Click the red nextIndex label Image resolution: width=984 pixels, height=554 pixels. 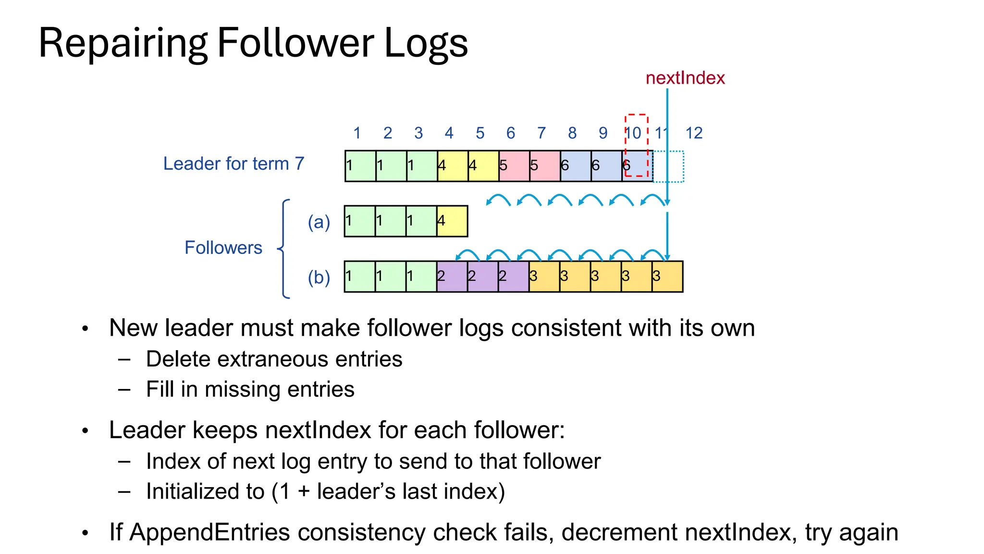pyautogui.click(x=685, y=78)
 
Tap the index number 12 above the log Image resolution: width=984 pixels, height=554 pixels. pyautogui.click(x=694, y=133)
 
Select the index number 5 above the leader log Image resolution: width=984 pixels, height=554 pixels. pyautogui.click(x=480, y=133)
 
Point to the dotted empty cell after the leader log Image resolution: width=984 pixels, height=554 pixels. pyautogui.click(x=669, y=166)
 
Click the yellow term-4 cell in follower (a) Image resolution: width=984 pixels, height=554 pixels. pyautogui.click(x=452, y=221)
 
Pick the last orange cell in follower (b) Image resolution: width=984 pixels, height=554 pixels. pyautogui.click(x=667, y=277)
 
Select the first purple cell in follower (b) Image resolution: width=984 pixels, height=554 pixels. pyautogui.click(x=452, y=277)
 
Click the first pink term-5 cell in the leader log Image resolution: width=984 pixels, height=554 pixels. pyautogui.click(x=514, y=166)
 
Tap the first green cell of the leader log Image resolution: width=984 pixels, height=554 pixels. pyautogui.click(x=360, y=166)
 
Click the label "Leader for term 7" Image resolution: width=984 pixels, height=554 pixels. pyautogui.click(x=234, y=164)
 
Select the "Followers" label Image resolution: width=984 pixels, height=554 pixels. pyautogui.click(x=223, y=248)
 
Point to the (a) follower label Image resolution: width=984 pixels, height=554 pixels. pyautogui.click(x=319, y=222)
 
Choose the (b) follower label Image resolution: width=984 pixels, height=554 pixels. pyautogui.click(x=319, y=277)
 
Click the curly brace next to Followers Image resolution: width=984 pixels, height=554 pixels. pyautogui.click(x=284, y=249)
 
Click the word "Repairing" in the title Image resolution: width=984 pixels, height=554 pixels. pyautogui.click(x=123, y=43)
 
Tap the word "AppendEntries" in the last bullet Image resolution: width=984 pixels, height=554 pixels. pyautogui.click(x=210, y=532)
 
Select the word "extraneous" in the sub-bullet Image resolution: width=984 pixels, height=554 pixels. pyautogui.click(x=274, y=359)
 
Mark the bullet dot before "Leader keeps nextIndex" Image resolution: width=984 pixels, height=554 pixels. pyautogui.click(x=86, y=431)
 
